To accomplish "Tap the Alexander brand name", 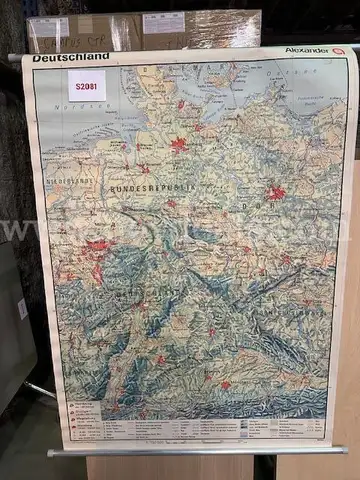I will click(x=306, y=50).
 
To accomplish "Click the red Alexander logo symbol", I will click(x=337, y=50).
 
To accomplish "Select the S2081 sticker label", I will click(x=86, y=87).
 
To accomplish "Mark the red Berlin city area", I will click(x=276, y=193).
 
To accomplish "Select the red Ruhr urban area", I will click(x=97, y=245).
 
